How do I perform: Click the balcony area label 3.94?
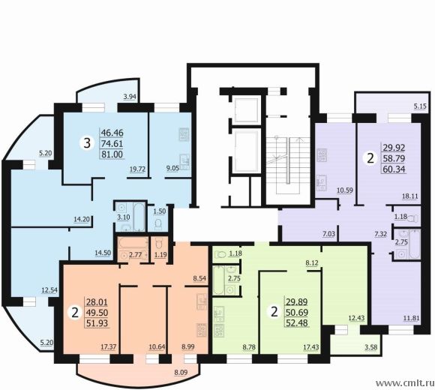[x=130, y=97]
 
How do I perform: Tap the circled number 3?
[x=87, y=143]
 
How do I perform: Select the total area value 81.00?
[x=112, y=154]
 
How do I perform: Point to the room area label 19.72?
[x=137, y=169]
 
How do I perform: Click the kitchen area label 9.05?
[x=172, y=169]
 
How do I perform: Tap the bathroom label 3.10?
[x=124, y=217]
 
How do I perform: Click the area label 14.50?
[x=103, y=253]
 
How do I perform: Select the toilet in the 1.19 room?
[x=158, y=244]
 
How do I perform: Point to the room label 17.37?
[x=109, y=346]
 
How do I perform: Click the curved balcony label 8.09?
[x=181, y=372]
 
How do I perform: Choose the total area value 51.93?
[x=97, y=323]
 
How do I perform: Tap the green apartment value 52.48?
[x=297, y=322]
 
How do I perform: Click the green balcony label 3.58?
[x=370, y=346]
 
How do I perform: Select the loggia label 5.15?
[x=420, y=106]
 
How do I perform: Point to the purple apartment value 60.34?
[x=394, y=169]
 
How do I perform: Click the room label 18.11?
[x=410, y=196]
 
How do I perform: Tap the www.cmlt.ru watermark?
[x=405, y=383]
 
